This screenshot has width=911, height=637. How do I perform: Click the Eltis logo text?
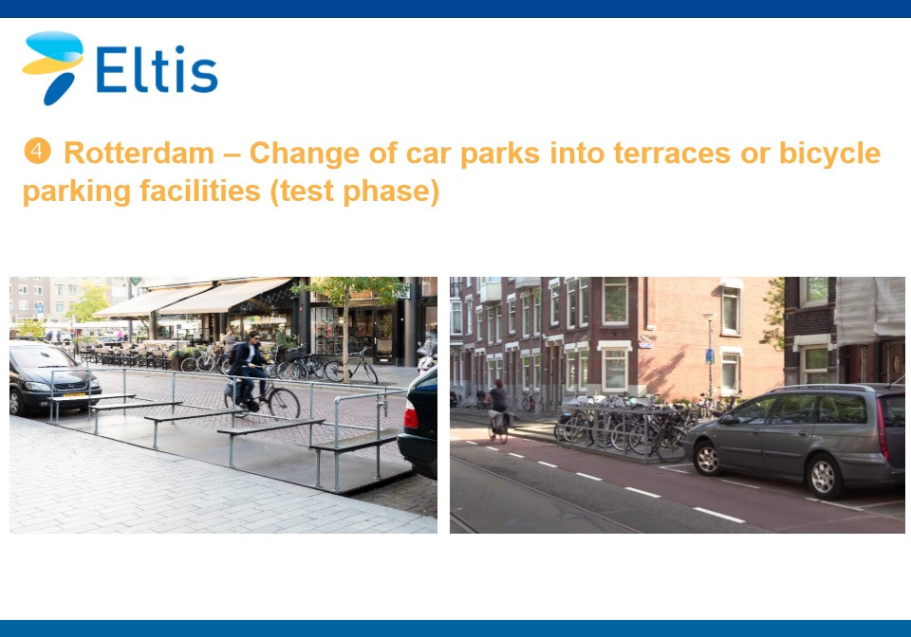coord(157,69)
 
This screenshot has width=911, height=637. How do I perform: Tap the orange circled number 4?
coord(37,151)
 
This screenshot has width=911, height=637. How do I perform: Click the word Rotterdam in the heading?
coord(139,154)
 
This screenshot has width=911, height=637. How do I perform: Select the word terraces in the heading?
coord(672,154)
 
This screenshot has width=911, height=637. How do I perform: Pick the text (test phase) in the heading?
coord(354,191)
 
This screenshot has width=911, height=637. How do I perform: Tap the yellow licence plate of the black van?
coord(74,395)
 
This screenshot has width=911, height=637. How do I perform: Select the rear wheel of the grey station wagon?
coord(824,477)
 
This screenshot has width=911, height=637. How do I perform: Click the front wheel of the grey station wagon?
coord(708,458)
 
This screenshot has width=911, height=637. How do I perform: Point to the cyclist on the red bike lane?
coord(498,410)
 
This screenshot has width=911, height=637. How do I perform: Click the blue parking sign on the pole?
coord(710,355)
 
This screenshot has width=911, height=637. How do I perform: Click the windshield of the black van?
coord(42,358)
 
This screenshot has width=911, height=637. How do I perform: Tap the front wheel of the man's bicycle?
coord(284,403)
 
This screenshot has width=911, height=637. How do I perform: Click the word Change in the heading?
coord(305,155)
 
